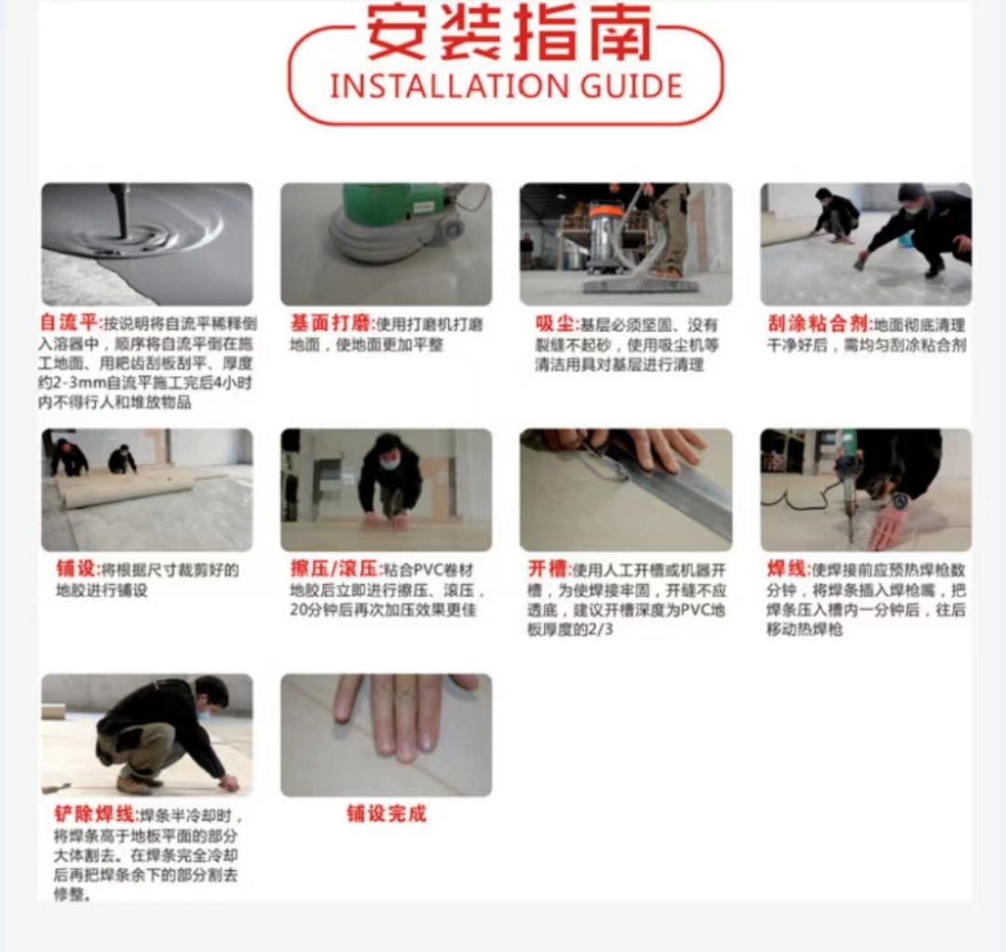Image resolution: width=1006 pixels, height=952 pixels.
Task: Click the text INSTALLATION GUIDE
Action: [x=506, y=87]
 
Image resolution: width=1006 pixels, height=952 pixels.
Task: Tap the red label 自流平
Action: [x=69, y=324]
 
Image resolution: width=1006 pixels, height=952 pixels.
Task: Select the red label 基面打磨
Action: [x=331, y=324]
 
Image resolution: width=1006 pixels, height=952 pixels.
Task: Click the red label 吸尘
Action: [x=556, y=324]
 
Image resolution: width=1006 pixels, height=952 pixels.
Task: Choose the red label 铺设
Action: [x=76, y=569]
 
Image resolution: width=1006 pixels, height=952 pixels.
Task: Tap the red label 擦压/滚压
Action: [x=333, y=569]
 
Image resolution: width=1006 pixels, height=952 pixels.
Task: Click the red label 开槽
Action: [x=549, y=569]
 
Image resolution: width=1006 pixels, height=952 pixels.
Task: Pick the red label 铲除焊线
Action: [x=94, y=814]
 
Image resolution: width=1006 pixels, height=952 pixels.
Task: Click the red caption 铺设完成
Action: [x=386, y=814]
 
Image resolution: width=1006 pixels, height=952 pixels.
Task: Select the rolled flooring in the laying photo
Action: [x=121, y=488]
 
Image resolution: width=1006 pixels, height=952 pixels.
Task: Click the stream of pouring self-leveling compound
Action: [x=120, y=209]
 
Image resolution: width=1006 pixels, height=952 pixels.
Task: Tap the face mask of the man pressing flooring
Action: [x=390, y=461]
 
